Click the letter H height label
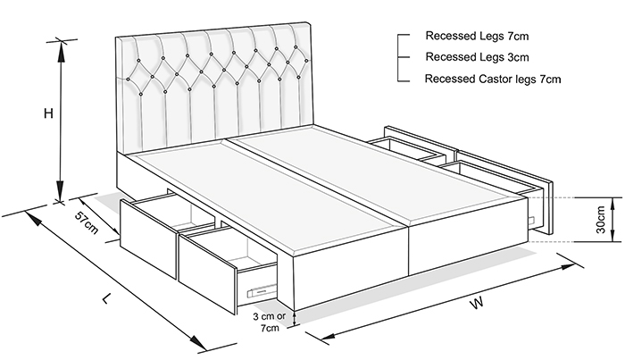point(48,113)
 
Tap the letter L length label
point(105,297)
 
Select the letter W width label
point(477,303)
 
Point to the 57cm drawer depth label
point(87,222)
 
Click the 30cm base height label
point(601,220)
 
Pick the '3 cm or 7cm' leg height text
point(270,322)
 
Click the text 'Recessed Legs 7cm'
point(477,36)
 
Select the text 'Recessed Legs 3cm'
point(477,57)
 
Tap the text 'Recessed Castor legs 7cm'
point(493,79)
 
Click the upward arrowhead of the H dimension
point(61,50)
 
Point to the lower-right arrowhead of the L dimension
point(198,342)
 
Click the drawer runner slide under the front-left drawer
point(262,289)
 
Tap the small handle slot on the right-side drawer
point(532,220)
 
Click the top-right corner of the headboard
point(311,22)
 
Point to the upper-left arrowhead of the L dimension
point(33,218)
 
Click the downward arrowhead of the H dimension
point(60,190)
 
